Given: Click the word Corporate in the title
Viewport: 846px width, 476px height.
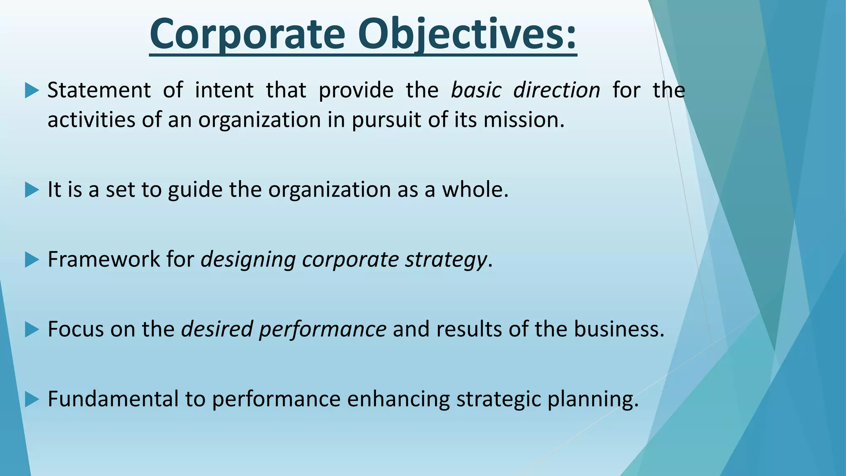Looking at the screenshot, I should click(x=247, y=34).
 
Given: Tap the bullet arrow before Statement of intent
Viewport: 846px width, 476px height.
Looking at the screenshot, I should click(x=31, y=90).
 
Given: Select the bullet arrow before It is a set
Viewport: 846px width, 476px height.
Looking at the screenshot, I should click(x=31, y=190).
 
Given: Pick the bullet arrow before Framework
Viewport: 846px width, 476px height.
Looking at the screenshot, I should click(x=31, y=260).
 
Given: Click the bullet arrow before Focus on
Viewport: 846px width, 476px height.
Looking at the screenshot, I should click(x=31, y=330).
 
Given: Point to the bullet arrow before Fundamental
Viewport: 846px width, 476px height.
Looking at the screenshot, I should click(x=31, y=400).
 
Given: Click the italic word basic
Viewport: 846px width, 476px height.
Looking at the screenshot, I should click(x=475, y=90).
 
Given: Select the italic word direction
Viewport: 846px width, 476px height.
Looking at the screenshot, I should click(x=556, y=90).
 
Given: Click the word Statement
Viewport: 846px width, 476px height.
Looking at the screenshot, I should click(x=99, y=90).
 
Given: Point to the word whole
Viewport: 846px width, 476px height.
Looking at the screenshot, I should click(x=475, y=190).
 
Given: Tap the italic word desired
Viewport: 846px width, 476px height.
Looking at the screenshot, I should click(x=217, y=330).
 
